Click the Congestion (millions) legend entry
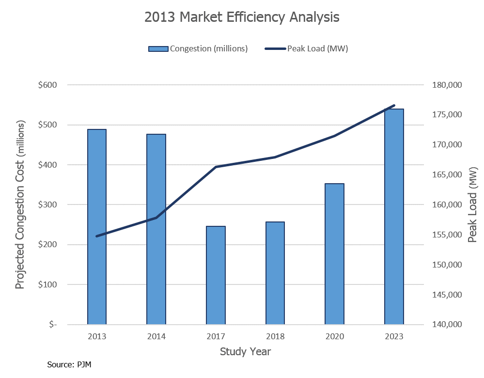[198, 48]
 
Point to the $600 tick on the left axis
[47, 85]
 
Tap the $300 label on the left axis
[47, 205]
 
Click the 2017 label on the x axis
[216, 336]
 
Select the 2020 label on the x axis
[334, 336]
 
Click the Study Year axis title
[245, 351]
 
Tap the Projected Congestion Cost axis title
[20, 205]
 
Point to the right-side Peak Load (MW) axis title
[472, 205]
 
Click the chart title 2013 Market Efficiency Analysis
[242, 17]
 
